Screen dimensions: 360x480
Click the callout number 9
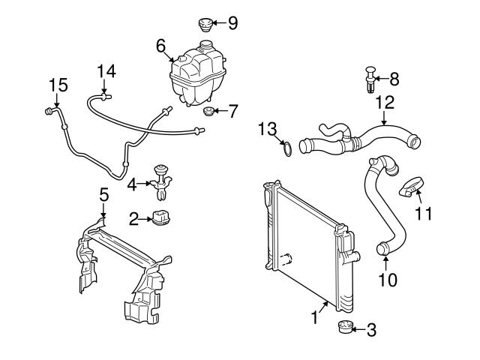[232, 23]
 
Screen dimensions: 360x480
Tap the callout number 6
[160, 45]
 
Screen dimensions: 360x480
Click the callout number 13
[267, 129]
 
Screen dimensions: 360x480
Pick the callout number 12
[385, 101]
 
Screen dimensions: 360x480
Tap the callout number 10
[386, 280]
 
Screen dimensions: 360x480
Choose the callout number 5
[103, 195]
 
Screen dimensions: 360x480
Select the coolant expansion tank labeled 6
[196, 75]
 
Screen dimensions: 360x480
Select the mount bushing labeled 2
[160, 219]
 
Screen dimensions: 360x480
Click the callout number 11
[424, 214]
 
